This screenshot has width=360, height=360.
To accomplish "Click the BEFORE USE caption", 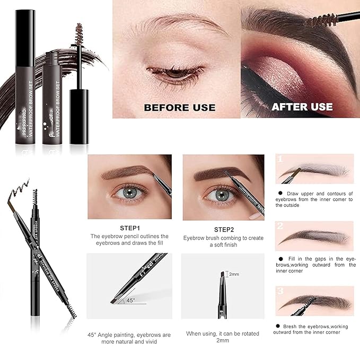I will click(180, 107).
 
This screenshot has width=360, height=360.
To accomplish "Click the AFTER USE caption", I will click(302, 107).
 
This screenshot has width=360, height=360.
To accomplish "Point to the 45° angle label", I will click(130, 300).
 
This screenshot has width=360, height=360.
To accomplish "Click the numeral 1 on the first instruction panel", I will click(281, 159).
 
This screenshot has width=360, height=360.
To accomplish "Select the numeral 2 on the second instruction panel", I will click(281, 226).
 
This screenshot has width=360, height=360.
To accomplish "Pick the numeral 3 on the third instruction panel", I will click(281, 291).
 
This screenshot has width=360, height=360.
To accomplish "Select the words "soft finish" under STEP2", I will click(223, 244).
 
